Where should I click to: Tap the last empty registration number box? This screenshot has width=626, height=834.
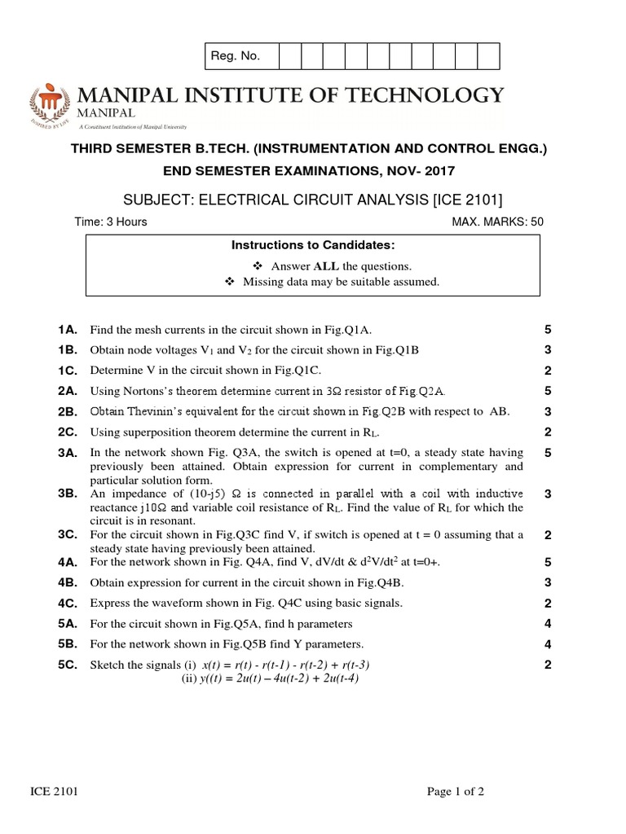[488, 56]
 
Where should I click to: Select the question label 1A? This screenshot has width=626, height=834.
[67, 329]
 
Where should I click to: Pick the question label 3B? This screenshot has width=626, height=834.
[67, 494]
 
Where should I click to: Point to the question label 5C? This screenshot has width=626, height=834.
[67, 665]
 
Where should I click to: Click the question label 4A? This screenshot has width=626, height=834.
[67, 562]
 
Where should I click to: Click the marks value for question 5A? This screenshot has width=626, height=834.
[548, 624]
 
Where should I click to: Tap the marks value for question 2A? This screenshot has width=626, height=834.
[548, 391]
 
